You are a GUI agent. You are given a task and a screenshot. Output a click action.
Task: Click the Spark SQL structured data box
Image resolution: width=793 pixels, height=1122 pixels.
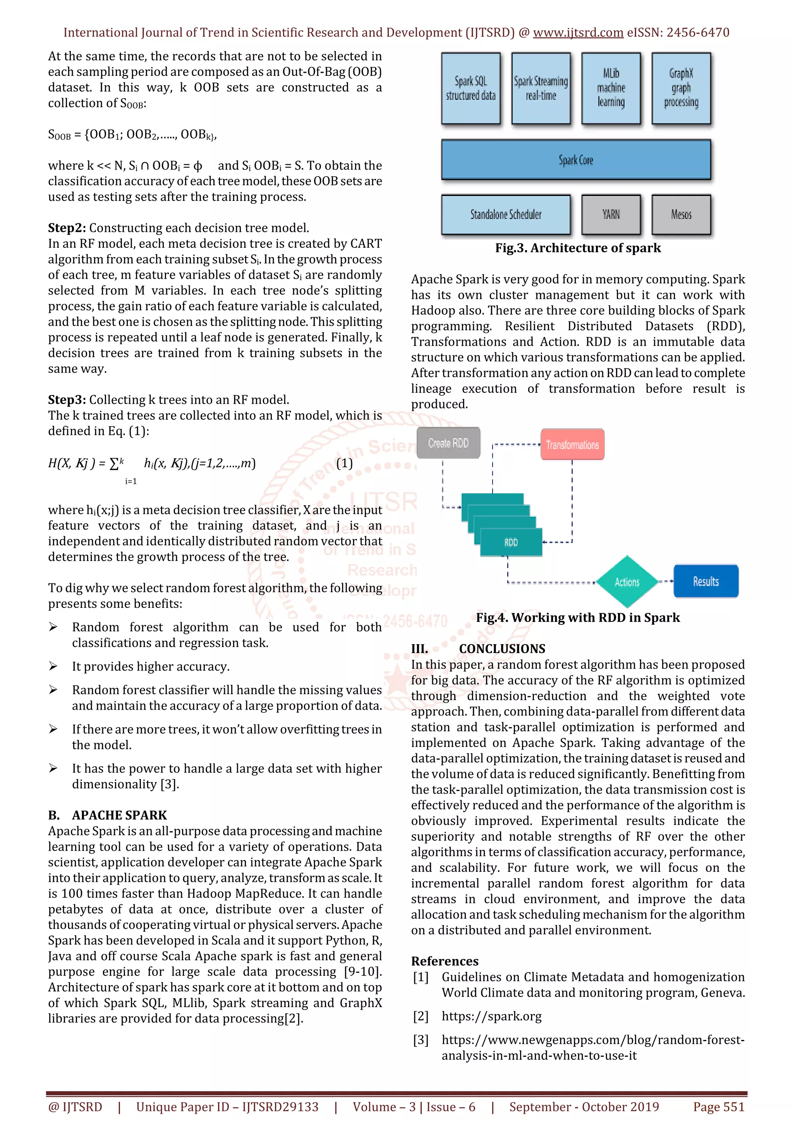point(470,88)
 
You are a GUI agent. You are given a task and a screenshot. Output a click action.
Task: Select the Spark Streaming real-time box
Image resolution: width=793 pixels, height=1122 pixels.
point(541,88)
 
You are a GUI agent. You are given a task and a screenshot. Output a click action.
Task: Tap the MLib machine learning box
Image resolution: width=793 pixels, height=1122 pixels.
point(611,88)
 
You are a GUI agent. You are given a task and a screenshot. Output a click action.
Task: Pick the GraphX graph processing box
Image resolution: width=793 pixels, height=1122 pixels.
point(681,88)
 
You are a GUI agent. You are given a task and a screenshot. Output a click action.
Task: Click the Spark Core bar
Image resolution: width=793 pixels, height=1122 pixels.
point(575,160)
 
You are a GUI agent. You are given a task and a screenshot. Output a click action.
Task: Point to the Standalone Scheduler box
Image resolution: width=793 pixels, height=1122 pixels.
point(506,214)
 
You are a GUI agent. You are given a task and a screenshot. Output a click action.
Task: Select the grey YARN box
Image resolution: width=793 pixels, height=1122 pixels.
point(611,214)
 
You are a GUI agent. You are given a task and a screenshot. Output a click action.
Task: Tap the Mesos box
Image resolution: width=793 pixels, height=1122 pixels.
point(681,214)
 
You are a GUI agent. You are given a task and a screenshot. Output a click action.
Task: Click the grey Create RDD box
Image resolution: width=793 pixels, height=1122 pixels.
point(448,443)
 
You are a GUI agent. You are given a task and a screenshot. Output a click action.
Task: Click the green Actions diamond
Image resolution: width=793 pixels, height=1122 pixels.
point(627,582)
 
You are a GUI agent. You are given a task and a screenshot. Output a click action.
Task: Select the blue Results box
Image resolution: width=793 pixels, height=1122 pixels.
point(705,582)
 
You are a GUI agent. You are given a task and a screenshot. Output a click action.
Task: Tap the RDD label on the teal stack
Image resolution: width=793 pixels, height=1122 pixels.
point(511,542)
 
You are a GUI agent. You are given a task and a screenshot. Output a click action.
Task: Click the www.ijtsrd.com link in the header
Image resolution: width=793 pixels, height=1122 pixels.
point(578,33)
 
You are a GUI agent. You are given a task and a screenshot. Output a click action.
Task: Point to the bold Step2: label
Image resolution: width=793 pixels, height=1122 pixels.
point(67,228)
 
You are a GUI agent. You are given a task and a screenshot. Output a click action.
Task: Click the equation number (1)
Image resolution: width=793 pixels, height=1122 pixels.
point(345,463)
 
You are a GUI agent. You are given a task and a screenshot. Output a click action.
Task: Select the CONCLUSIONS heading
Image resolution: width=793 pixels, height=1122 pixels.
point(502,648)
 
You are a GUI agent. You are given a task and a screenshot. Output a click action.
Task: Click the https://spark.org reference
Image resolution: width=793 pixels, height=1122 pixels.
point(491,1016)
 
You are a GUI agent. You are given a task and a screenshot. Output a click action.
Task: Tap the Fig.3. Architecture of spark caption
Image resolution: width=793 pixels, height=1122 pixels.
point(578,248)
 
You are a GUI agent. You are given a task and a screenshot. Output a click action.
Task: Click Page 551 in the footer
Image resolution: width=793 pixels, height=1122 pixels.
point(718,1107)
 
